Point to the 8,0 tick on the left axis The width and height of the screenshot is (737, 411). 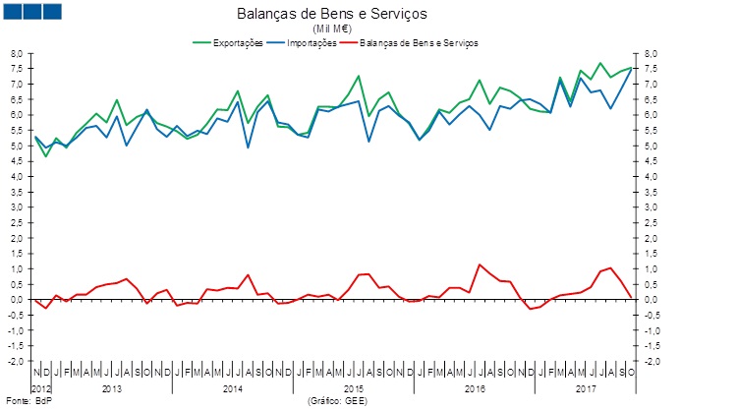[16, 53]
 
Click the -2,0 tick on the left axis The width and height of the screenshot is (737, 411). [14, 361]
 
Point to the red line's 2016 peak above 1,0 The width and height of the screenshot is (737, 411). [480, 264]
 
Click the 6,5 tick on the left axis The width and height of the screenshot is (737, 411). [16, 99]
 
